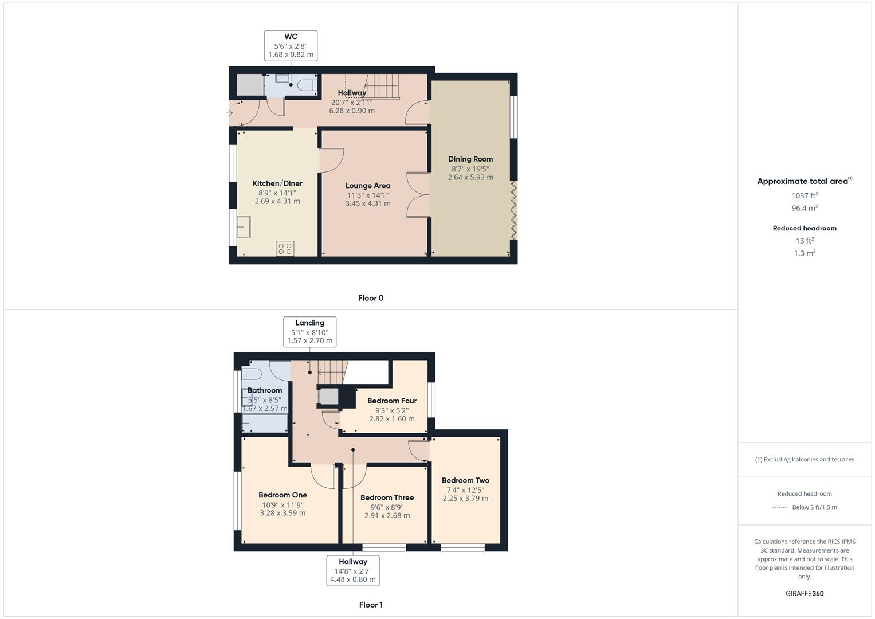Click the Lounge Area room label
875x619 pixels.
pyautogui.click(x=368, y=186)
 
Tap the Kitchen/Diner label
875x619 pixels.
pyautogui.click(x=277, y=183)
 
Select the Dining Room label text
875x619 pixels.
pyautogui.click(x=470, y=159)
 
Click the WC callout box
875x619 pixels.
pyautogui.click(x=291, y=46)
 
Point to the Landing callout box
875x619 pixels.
pyautogui.click(x=309, y=332)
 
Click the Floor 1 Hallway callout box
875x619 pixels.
pyautogui.click(x=353, y=570)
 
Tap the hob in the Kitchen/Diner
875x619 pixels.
pyautogui.click(x=285, y=248)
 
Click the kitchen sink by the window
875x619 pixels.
pyautogui.click(x=244, y=226)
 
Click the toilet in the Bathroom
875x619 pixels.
pyautogui.click(x=252, y=374)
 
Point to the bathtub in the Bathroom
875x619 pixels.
pyautogui.click(x=265, y=423)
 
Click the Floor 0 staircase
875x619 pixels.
pyautogui.click(x=382, y=86)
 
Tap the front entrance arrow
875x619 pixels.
pyautogui.click(x=230, y=113)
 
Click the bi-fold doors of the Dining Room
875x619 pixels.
pyautogui.click(x=514, y=210)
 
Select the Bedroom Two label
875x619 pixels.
pyautogui.click(x=465, y=480)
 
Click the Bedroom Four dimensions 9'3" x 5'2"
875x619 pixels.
pyautogui.click(x=391, y=410)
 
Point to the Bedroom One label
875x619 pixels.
pyautogui.click(x=282, y=495)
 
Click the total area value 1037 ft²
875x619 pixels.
pyautogui.click(x=805, y=195)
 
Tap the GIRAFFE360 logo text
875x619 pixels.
pyautogui.click(x=805, y=593)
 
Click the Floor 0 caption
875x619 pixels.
pyautogui.click(x=371, y=298)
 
